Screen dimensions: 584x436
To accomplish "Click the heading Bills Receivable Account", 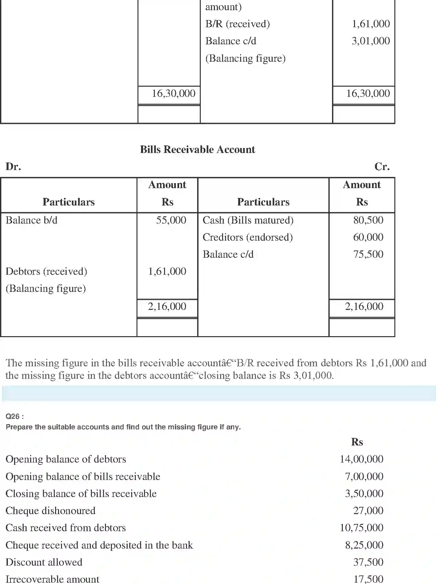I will tap(197, 149).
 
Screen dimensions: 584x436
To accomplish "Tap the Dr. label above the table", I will tap(13, 166).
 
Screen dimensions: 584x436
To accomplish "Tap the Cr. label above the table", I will tap(382, 166).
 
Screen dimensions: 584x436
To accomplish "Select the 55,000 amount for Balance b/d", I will tap(171, 220).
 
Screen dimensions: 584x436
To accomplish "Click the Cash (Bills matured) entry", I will tap(248, 220).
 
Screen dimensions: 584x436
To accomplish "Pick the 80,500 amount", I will tap(368, 220).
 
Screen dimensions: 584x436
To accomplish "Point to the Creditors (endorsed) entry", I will tap(247, 237).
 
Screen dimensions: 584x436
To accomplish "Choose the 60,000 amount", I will tap(368, 237).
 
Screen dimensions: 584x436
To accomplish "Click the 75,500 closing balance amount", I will tap(368, 254).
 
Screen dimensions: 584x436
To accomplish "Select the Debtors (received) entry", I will tap(46, 271).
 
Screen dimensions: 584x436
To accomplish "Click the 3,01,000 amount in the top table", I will tap(371, 41).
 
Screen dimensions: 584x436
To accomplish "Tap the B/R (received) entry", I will tap(238, 24).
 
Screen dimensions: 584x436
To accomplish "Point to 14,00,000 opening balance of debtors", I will tap(361, 459).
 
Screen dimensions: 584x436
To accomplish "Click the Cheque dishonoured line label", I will tap(51, 510).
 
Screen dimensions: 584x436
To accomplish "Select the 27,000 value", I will tap(368, 510).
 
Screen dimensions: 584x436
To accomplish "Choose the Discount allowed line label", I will tap(44, 562).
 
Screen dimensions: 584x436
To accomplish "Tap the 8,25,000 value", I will tap(364, 545).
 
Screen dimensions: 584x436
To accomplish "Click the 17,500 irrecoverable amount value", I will tap(368, 579).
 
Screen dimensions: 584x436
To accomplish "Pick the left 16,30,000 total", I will tap(173, 94).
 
